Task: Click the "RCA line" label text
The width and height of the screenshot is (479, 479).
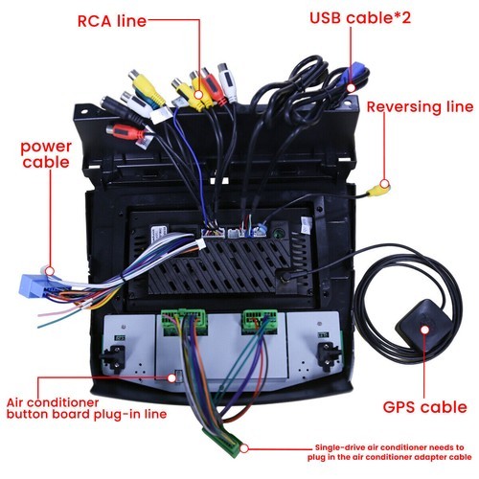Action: tap(112, 21)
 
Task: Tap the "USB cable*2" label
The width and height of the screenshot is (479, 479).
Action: tap(360, 18)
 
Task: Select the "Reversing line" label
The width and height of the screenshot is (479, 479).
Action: tap(420, 107)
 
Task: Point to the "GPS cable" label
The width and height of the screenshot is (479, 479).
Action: tap(424, 407)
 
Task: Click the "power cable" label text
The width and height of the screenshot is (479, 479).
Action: tap(46, 154)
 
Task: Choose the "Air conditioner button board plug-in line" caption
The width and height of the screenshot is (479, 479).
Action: tap(86, 408)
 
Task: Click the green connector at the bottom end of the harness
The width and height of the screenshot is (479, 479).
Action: tap(222, 443)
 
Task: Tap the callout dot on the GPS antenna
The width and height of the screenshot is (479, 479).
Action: tap(424, 330)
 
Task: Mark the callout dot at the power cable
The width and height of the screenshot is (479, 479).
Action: tap(50, 271)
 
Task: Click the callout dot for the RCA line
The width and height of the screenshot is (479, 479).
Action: tap(198, 95)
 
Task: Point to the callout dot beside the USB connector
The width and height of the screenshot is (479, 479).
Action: tap(351, 88)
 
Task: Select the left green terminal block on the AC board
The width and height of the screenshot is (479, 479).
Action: tap(185, 322)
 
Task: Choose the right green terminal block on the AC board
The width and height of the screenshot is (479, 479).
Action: tap(260, 322)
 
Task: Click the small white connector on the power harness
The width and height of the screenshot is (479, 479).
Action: tap(200, 245)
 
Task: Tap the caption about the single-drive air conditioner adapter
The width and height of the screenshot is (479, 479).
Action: tap(389, 452)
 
